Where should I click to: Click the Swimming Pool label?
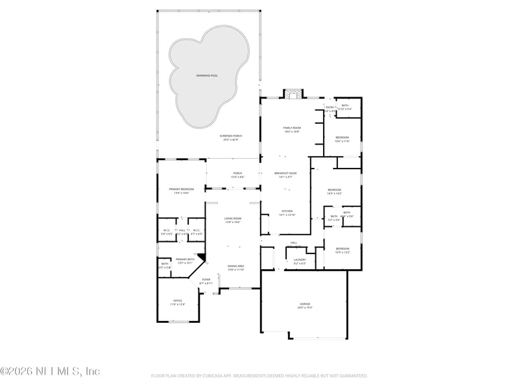pyautogui.click(x=207, y=76)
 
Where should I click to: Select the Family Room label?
pyautogui.click(x=292, y=128)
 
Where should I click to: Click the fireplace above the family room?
pyautogui.click(x=293, y=95)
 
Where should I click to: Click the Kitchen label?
pyautogui.click(x=287, y=211)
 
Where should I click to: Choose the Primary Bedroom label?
pyautogui.click(x=182, y=189)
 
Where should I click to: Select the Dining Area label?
pyautogui.click(x=235, y=266)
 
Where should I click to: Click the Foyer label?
pyautogui.click(x=206, y=279)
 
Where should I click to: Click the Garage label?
pyautogui.click(x=305, y=304)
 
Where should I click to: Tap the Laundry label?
pyautogui.click(x=300, y=259)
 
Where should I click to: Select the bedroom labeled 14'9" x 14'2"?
pyautogui.click(x=334, y=190)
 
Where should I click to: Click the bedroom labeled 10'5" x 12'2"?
pyautogui.click(x=343, y=249)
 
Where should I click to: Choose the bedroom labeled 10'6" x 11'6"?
pyautogui.click(x=342, y=137)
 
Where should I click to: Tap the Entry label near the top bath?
pyautogui.click(x=330, y=107)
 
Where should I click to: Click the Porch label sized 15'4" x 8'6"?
pyautogui.click(x=233, y=173)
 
